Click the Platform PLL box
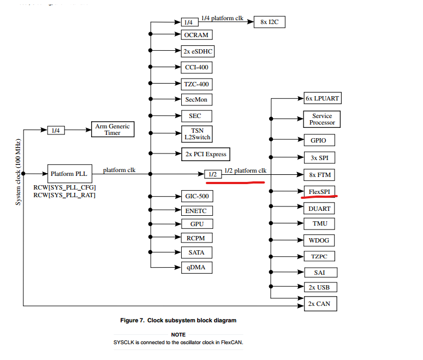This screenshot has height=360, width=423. [70, 174]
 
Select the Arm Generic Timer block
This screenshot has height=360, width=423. [112, 129]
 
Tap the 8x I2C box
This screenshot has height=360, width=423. [269, 22]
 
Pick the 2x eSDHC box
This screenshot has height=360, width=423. [198, 52]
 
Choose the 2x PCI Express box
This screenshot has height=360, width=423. [205, 154]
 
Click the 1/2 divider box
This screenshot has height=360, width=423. [212, 174]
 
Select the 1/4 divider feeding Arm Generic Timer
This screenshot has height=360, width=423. [56, 131]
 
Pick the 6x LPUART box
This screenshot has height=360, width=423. [323, 99]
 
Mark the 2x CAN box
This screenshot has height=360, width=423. [319, 303]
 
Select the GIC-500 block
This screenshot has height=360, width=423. [196, 196]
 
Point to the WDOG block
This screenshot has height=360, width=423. [319, 240]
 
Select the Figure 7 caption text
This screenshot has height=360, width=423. [178, 320]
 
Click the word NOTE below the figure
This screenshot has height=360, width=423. [178, 334]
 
